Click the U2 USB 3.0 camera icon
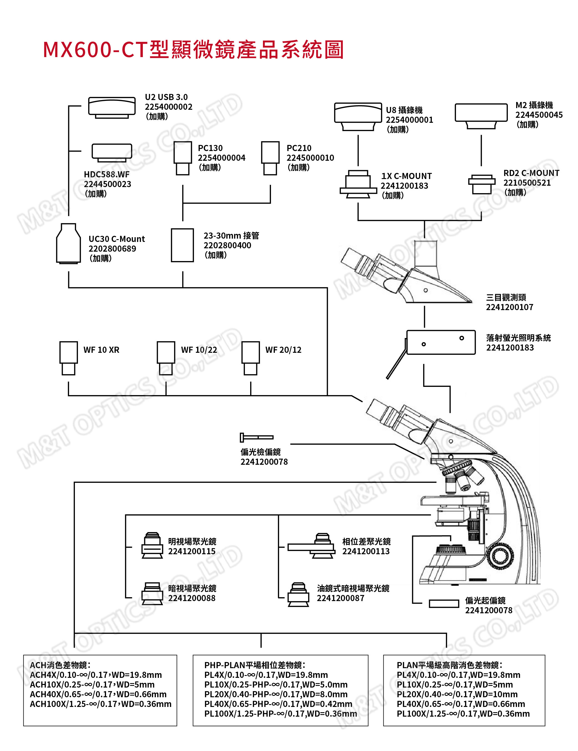pyautogui.click(x=111, y=107)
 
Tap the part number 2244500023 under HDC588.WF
pyautogui.click(x=107, y=184)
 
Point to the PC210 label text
pyautogui.click(x=299, y=148)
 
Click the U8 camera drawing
pyautogui.click(x=358, y=116)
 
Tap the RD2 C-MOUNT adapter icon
pyautogui.click(x=482, y=184)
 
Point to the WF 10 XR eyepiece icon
pyautogui.click(x=69, y=358)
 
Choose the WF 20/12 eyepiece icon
pyautogui.click(x=250, y=358)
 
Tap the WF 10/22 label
pyautogui.click(x=199, y=350)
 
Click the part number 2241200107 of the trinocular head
pyautogui.click(x=509, y=307)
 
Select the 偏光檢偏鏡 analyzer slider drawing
pyautogui.click(x=256, y=437)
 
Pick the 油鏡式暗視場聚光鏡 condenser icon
pyautogui.click(x=298, y=595)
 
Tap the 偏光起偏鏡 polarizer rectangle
pyautogui.click(x=444, y=604)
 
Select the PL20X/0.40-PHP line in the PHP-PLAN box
pyautogui.click(x=276, y=694)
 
